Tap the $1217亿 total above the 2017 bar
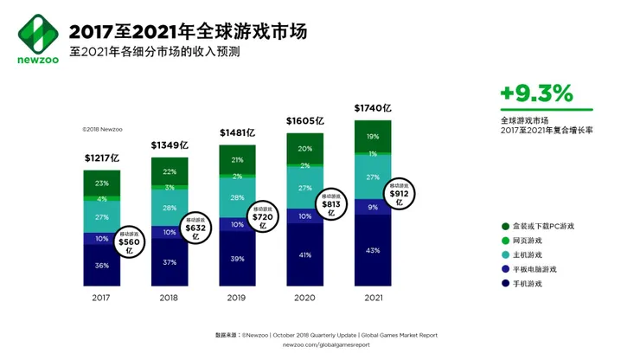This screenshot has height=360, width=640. [101, 158]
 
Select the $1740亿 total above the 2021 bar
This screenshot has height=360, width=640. [373, 109]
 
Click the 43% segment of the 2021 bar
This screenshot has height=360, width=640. [373, 250]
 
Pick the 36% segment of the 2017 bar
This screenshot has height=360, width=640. [102, 265]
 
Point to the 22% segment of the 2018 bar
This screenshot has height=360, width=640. [170, 171]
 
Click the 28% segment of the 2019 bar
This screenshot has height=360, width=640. [237, 198]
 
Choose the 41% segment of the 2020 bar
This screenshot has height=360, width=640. [304, 255]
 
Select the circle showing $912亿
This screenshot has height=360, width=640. [400, 196]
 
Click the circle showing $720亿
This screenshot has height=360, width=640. [266, 217]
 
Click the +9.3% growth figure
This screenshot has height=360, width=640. [536, 92]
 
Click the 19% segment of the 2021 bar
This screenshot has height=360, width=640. [373, 137]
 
